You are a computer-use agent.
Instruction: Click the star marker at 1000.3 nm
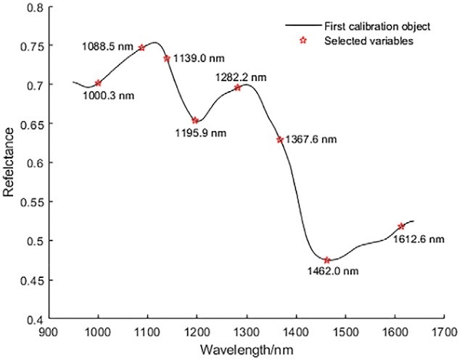[x=98, y=83]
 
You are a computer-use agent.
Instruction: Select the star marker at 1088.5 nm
[x=142, y=47]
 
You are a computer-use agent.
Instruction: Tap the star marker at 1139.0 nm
[x=166, y=58]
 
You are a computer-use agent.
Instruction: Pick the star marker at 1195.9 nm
[x=195, y=120]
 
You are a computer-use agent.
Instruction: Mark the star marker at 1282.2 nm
[x=238, y=87]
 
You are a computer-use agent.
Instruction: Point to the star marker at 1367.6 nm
[x=280, y=139]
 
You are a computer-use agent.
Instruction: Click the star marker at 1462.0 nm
[x=327, y=260]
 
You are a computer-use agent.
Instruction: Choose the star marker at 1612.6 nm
[x=401, y=226]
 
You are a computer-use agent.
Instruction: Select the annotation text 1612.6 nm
[x=419, y=239]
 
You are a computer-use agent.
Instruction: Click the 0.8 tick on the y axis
[x=49, y=6]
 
